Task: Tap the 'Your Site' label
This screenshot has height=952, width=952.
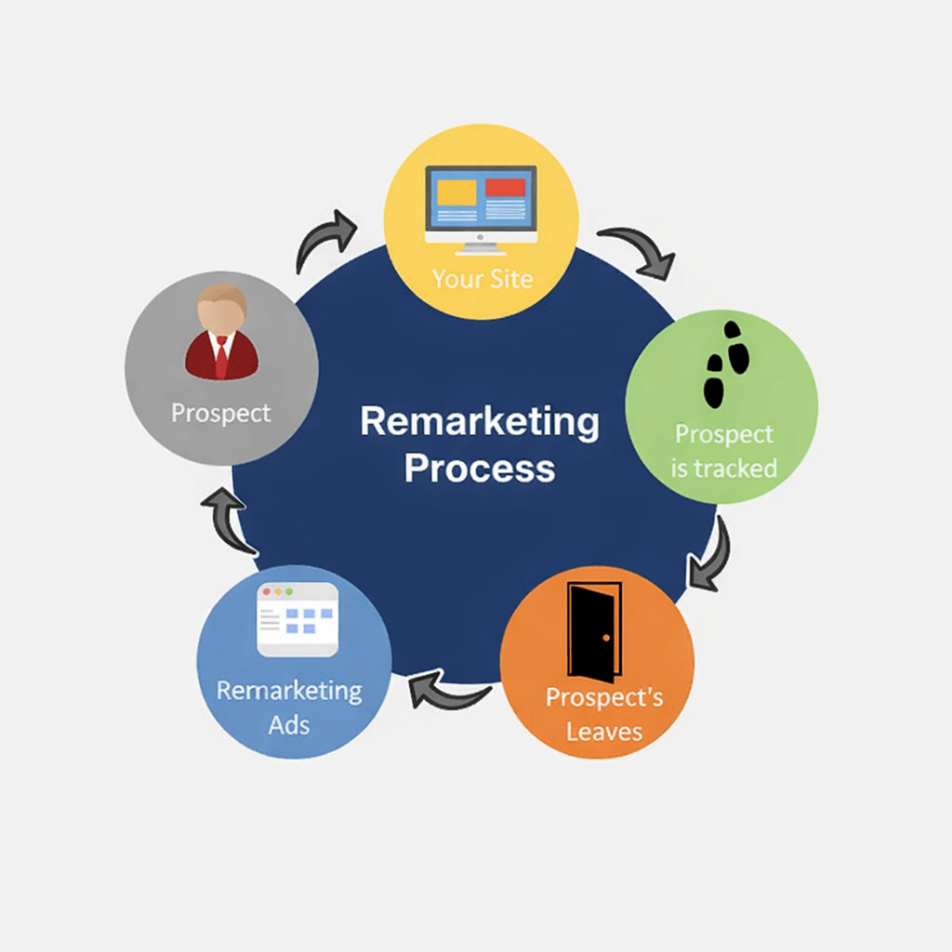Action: coord(483,278)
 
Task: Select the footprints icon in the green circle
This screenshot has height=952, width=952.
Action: coord(725,364)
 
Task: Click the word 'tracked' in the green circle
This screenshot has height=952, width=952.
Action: coord(738,468)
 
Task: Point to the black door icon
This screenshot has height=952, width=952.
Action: coord(594,632)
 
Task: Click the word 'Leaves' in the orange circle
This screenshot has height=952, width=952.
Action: coord(604,731)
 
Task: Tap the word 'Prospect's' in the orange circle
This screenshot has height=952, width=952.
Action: coord(604,697)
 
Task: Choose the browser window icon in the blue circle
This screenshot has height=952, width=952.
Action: coord(297,619)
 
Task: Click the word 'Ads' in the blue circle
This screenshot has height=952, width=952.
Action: coord(289,724)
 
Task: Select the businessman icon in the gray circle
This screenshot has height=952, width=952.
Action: coord(221,333)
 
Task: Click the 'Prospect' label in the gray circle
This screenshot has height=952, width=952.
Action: coord(221,412)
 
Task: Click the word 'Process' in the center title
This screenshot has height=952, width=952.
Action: coord(480,467)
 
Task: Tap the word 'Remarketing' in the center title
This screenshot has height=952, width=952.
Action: coord(480,421)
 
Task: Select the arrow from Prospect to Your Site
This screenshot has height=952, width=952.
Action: coord(324,239)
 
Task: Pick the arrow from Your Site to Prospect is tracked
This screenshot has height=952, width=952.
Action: coord(640,251)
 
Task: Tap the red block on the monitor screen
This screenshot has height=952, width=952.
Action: coord(505,188)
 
